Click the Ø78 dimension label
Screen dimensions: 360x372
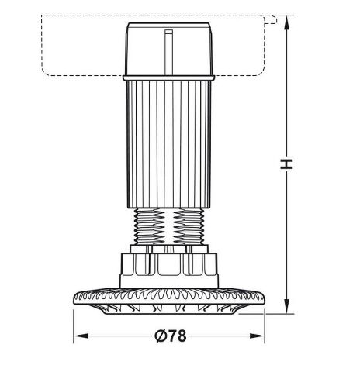coord(171,336)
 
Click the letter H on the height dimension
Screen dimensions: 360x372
coord(286,164)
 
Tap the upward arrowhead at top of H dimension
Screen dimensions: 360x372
coord(286,22)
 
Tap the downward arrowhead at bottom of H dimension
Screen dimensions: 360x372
coord(286,306)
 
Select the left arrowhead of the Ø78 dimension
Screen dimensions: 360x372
coord(81,336)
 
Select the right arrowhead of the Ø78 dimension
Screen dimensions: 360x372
coord(257,336)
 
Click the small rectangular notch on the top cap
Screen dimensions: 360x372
coord(169,32)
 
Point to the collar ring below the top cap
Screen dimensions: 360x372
coord(168,77)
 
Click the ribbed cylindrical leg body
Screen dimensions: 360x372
coord(169,144)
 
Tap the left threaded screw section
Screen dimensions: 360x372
coord(150,226)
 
